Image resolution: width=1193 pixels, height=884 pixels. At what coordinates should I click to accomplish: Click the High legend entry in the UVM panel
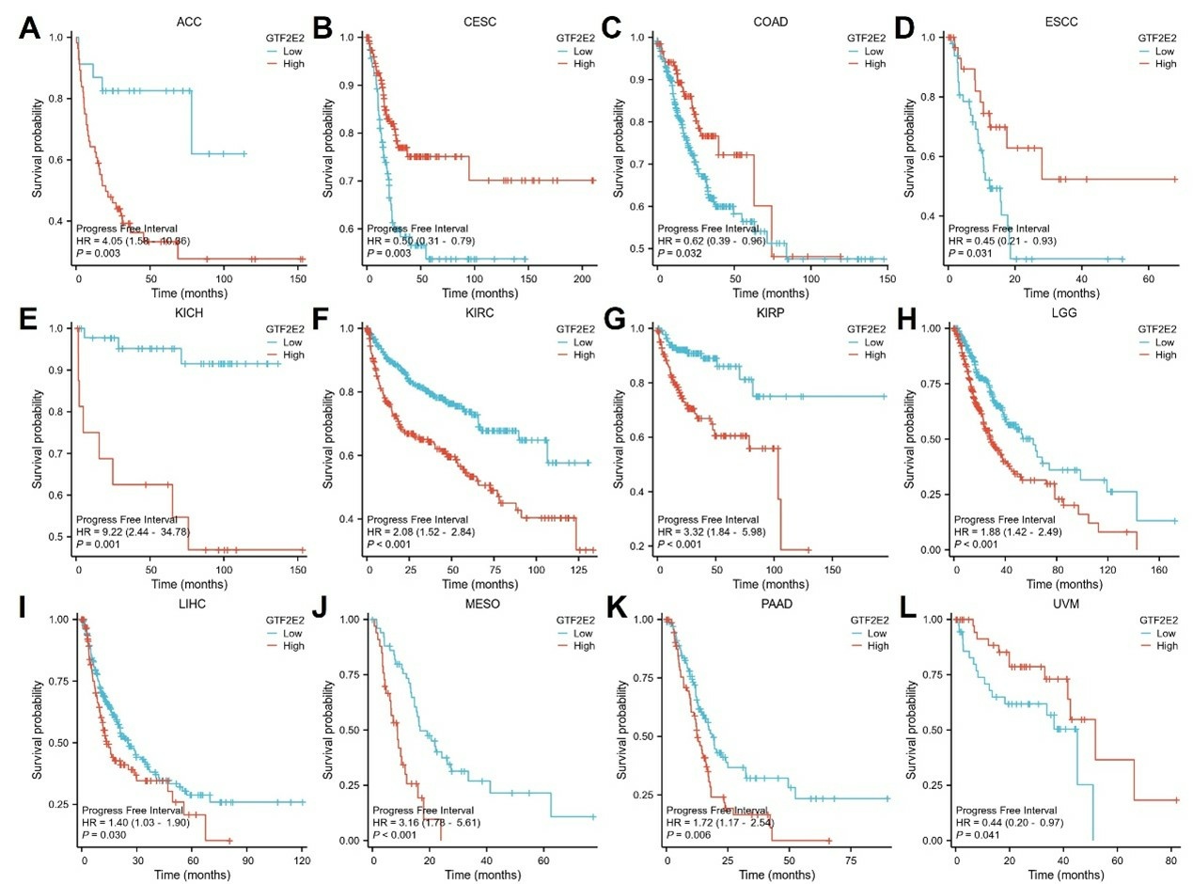pos(1165,646)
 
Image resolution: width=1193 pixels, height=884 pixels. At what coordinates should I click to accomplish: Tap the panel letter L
pos(914,611)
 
